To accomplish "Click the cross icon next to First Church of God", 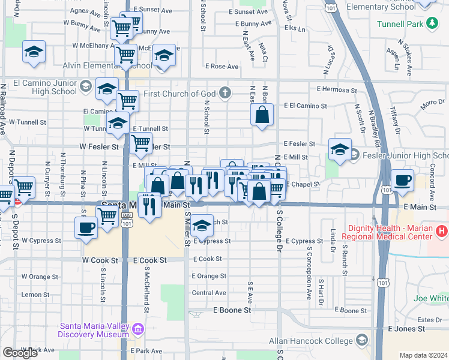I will pyautogui.click(x=225, y=92).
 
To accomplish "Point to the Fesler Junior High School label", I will pyautogui.click(x=401, y=155).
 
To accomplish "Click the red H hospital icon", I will pyautogui.click(x=442, y=230).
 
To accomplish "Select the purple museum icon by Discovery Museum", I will pyautogui.click(x=138, y=329).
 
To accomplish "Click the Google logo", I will pyautogui.click(x=20, y=353).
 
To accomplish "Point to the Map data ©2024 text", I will pyautogui.click(x=423, y=355).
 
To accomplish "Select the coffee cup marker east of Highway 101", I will pyautogui.click(x=402, y=179).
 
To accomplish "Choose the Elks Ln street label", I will pyautogui.click(x=303, y=28).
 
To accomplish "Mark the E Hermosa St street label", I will pyautogui.click(x=337, y=89).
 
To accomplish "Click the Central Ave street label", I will pyautogui.click(x=209, y=293).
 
